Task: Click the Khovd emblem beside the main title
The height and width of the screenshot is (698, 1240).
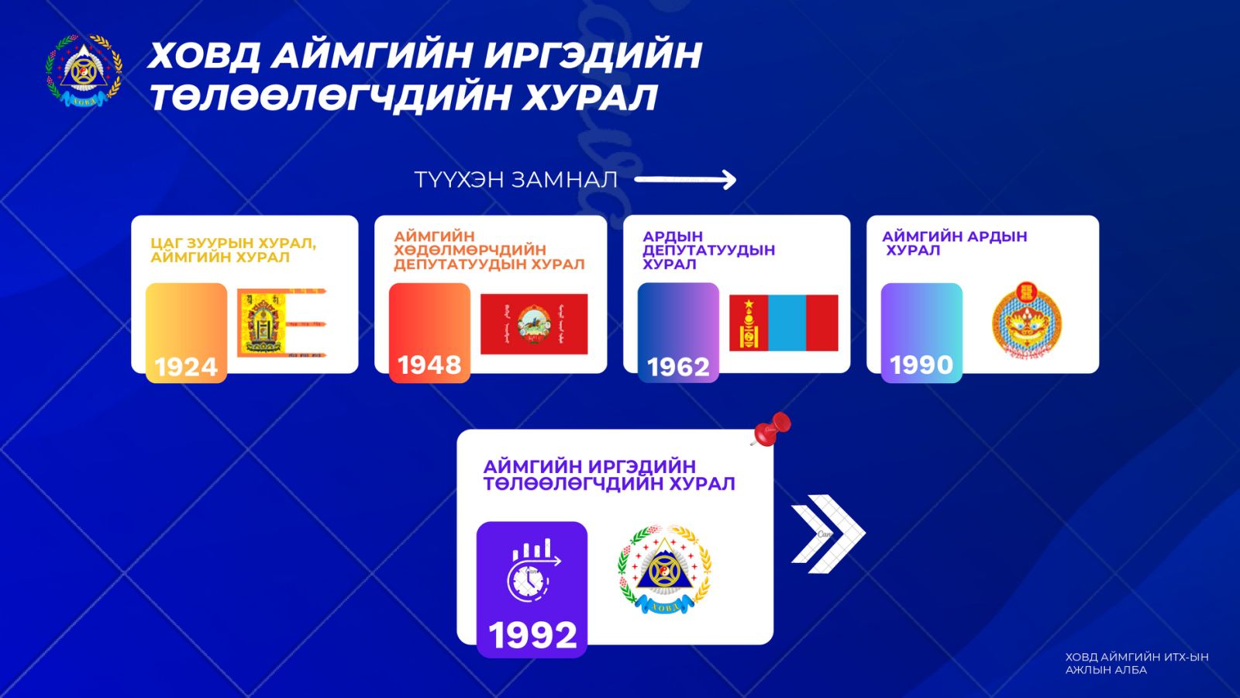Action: (x=84, y=71)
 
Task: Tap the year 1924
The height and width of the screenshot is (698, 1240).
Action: (x=186, y=367)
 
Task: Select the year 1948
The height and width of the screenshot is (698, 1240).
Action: (x=429, y=365)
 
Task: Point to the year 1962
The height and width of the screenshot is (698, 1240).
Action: (x=678, y=367)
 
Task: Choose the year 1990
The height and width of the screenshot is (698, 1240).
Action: (x=921, y=365)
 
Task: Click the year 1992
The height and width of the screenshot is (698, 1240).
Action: (x=532, y=635)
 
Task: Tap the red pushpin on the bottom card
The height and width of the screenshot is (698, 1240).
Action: (x=771, y=429)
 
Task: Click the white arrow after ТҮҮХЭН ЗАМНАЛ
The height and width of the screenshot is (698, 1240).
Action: (x=685, y=179)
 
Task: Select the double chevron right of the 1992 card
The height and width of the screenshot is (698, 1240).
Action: (x=828, y=534)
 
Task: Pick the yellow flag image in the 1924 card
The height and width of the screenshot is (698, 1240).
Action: (x=282, y=323)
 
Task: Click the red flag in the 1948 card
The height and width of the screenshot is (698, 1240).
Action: (x=534, y=324)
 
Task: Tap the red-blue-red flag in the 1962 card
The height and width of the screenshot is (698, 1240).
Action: (x=784, y=323)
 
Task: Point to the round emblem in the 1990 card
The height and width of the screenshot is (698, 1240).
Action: (x=1026, y=320)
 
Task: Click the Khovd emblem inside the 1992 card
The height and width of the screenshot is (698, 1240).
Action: (x=664, y=569)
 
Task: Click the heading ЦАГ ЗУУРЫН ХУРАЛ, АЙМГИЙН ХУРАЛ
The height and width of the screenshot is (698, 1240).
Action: (x=233, y=251)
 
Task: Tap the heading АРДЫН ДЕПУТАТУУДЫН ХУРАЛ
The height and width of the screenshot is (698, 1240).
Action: (x=708, y=251)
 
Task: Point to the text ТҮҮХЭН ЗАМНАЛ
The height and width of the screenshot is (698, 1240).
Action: (x=515, y=180)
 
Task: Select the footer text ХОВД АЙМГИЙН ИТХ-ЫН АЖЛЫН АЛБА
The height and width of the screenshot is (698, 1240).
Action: (x=1137, y=663)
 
